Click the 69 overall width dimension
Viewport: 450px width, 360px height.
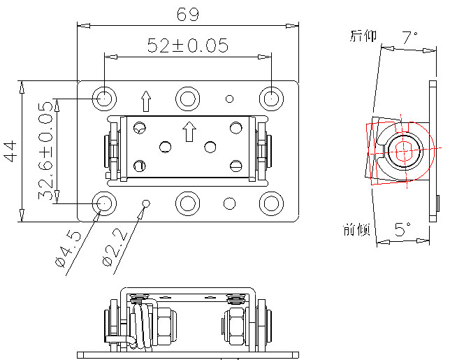pyautogui.click(x=187, y=14)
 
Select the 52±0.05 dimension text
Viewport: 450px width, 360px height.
pyautogui.click(x=187, y=45)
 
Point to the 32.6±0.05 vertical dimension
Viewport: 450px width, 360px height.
pyautogui.click(x=47, y=151)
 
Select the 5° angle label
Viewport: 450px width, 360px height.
pyautogui.click(x=402, y=229)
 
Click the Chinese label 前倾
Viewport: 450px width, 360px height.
pyautogui.click(x=356, y=229)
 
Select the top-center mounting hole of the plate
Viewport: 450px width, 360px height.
pyautogui.click(x=187, y=97)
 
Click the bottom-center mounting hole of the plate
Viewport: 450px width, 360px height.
pyautogui.click(x=187, y=203)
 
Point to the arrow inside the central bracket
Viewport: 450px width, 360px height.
pyautogui.click(x=188, y=130)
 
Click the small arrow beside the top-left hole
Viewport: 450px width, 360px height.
pyautogui.click(x=145, y=101)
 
